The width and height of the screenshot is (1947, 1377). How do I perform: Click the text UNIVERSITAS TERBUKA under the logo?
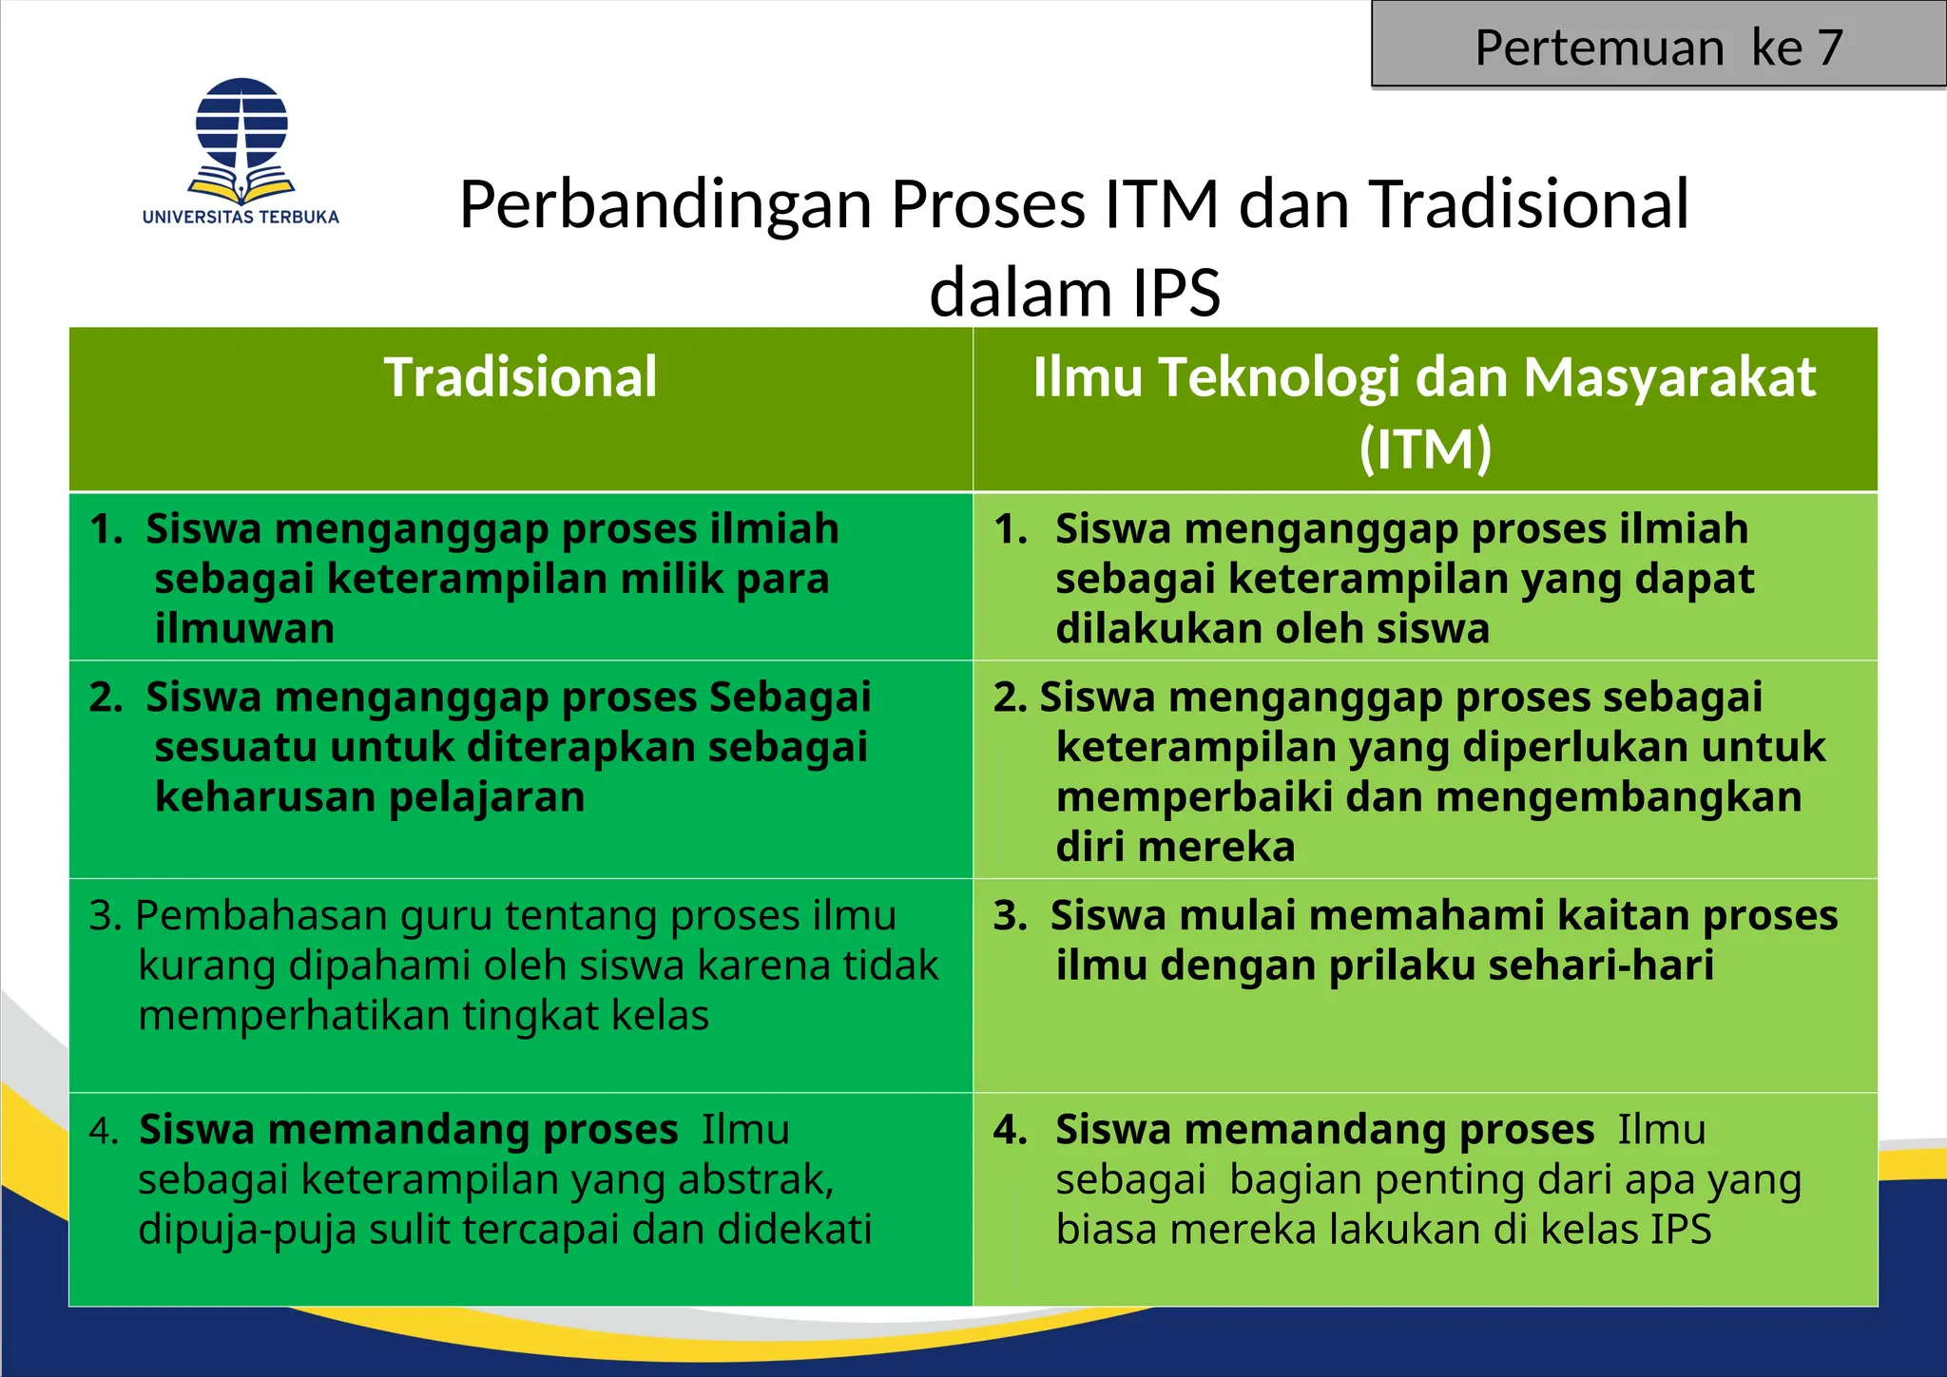241,217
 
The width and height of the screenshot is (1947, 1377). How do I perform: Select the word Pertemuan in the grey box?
1599,48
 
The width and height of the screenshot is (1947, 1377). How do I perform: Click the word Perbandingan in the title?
665,204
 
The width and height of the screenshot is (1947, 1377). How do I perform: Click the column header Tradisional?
520,376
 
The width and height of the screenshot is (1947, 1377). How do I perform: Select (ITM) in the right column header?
1425,449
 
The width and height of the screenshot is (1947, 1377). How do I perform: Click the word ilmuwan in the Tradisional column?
245,629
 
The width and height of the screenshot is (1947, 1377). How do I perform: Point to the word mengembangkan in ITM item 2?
1618,796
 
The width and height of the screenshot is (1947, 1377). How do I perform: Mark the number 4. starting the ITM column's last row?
1010,1130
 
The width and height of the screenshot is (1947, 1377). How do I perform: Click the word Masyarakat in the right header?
1669,376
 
